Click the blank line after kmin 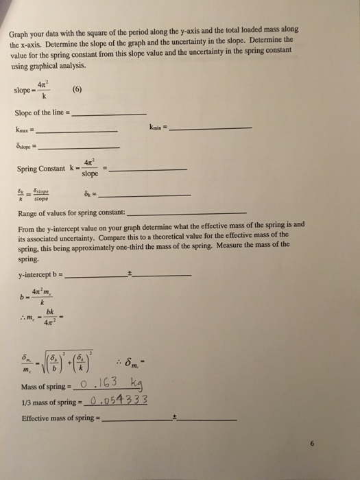click(x=213, y=128)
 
